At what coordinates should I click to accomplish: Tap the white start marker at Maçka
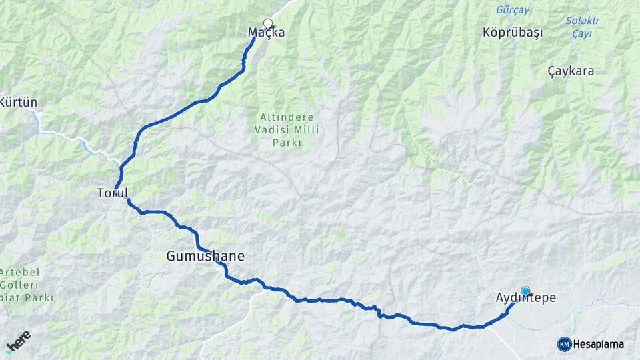268,23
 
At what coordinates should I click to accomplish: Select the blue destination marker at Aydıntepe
525,291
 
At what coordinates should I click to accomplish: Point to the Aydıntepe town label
525,299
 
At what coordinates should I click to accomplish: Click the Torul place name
112,193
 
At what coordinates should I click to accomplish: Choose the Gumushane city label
205,256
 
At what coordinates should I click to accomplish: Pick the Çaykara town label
571,71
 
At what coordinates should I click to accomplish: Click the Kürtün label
19,103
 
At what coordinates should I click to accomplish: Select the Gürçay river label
513,10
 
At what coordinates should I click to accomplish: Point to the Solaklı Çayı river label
581,27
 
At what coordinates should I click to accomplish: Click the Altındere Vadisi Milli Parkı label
287,129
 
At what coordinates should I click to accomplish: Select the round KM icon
564,344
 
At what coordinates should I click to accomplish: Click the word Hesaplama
598,344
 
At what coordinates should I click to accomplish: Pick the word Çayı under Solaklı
581,33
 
